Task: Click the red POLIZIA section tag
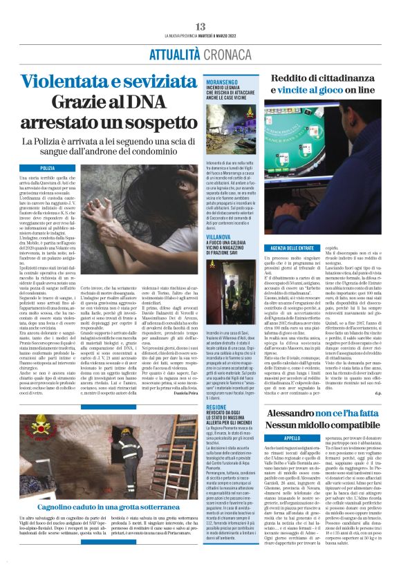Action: point(48,168)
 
